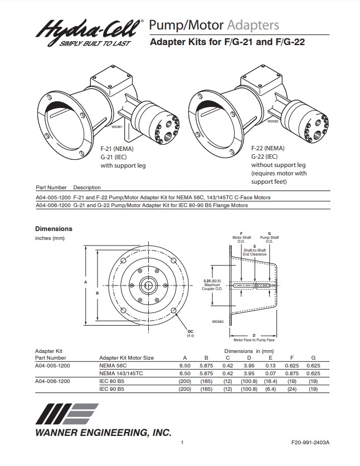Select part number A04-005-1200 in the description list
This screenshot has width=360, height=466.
pos(53,198)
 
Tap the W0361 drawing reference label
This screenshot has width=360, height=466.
pos(118,126)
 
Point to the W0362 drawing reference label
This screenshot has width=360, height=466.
pos(273,121)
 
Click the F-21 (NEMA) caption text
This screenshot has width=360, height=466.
pos(117,149)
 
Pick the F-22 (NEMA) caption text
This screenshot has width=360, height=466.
pos(267,149)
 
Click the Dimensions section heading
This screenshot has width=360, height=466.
pos(53,229)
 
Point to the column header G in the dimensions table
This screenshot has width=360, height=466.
pos(313,357)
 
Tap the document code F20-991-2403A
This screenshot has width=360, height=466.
pos(310,443)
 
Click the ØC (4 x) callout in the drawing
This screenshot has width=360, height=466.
pos(190,332)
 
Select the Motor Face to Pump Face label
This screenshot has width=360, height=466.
pos(254,340)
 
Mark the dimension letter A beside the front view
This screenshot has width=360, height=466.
pos(86,282)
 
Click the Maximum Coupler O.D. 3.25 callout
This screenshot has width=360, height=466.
pos(212,285)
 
